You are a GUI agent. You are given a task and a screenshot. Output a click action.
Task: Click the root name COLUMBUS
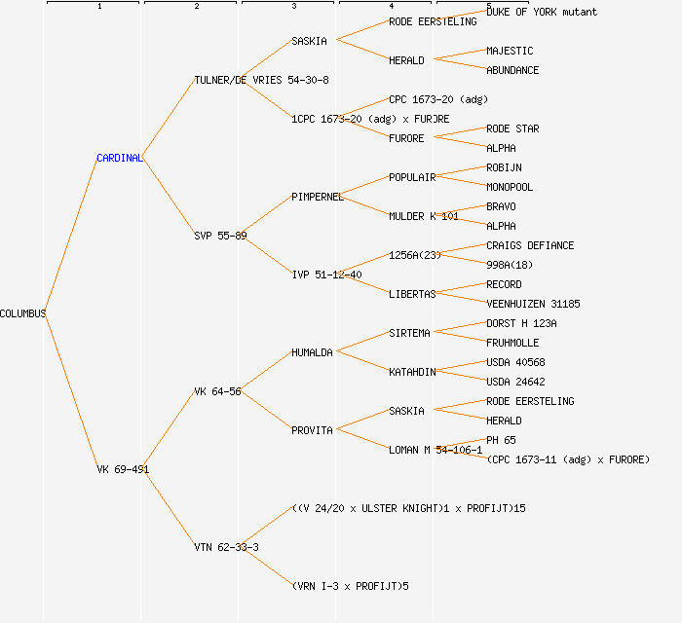[22, 313]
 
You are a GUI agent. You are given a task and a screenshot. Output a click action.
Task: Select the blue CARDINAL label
[119, 158]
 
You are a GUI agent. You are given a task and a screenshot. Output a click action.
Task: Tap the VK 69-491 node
[123, 469]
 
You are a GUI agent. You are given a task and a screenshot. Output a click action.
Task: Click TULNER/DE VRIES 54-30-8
[261, 80]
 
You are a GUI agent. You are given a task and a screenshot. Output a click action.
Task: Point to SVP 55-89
[220, 236]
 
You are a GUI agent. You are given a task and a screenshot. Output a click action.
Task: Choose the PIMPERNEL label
[317, 197]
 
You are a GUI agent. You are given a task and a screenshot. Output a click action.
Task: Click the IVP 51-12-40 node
[326, 275]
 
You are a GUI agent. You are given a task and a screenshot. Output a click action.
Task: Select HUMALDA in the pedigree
[312, 352]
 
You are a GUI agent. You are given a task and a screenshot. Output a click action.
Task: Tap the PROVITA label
[312, 430]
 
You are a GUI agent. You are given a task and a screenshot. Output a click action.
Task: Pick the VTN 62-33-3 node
[226, 547]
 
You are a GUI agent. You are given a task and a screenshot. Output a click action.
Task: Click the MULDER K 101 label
[423, 216]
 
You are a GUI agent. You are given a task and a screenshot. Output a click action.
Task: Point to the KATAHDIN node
[412, 372]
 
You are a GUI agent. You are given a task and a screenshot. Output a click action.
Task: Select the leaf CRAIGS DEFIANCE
[530, 245]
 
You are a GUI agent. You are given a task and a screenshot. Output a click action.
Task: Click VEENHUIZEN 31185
[533, 304]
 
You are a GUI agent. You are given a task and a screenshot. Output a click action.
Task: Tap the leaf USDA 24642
[515, 382]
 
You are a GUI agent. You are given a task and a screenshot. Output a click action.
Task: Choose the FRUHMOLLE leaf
[512, 343]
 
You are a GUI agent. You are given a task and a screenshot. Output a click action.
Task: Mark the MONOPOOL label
[510, 187]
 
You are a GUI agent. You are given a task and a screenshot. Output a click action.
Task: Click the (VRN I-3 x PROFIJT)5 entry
[350, 586]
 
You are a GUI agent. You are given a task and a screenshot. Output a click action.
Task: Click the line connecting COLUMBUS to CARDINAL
[71, 236]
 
